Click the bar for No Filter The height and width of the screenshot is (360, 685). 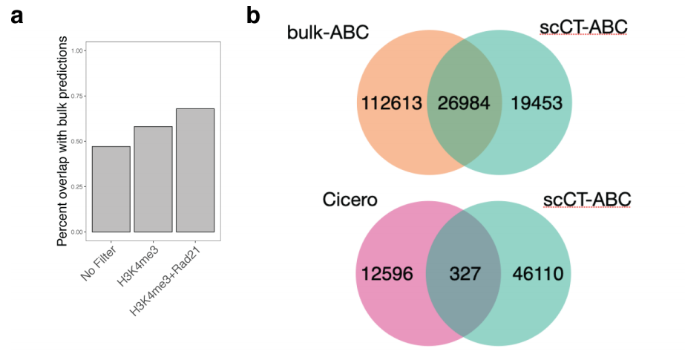click(111, 189)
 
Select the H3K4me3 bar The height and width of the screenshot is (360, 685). click(153, 179)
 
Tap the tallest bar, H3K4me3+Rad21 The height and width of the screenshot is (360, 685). click(195, 171)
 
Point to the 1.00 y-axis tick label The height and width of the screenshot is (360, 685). click(76, 50)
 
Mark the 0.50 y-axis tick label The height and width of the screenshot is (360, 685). click(76, 142)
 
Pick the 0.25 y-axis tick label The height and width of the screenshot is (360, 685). click(76, 187)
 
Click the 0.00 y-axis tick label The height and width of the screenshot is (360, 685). click(76, 232)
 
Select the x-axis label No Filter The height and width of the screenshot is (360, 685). click(99, 263)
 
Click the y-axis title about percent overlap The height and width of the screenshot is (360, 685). click(62, 141)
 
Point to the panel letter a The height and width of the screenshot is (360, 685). click(16, 16)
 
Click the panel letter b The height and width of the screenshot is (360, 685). click(253, 15)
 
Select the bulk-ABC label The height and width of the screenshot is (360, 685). click(327, 33)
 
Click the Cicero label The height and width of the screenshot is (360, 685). click(350, 200)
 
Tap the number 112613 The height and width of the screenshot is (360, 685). click(391, 103)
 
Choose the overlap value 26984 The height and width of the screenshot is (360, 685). click(464, 103)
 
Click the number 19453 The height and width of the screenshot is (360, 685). click(537, 103)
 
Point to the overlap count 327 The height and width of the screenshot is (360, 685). click(465, 274)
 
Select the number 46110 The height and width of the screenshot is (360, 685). click(538, 274)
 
